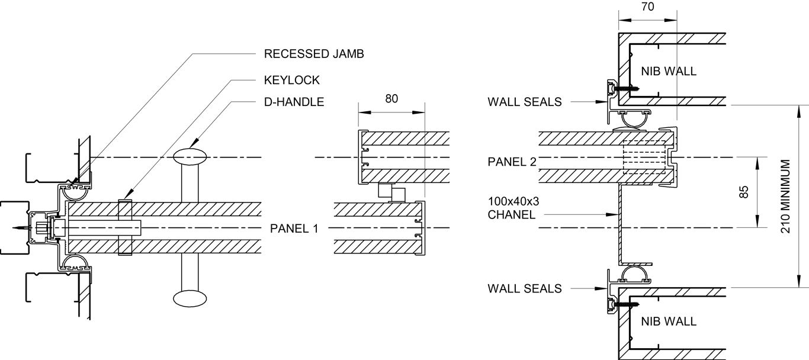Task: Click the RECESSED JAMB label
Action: (313, 54)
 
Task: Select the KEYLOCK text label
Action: (291, 80)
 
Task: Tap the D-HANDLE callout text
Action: (294, 102)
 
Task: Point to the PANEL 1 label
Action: (294, 228)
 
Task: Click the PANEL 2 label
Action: (512, 162)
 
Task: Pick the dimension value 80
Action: (391, 99)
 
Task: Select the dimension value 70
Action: (647, 7)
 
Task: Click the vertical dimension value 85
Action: (744, 192)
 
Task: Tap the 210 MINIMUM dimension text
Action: (786, 196)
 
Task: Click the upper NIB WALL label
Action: (668, 72)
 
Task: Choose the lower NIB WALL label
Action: (668, 322)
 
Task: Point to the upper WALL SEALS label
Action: (524, 102)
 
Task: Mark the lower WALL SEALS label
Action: (524, 289)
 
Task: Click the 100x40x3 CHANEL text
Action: (513, 208)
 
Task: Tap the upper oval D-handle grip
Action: (191, 156)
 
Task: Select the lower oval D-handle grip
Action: (191, 298)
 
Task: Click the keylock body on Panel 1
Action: (124, 228)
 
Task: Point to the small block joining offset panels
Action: (391, 192)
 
